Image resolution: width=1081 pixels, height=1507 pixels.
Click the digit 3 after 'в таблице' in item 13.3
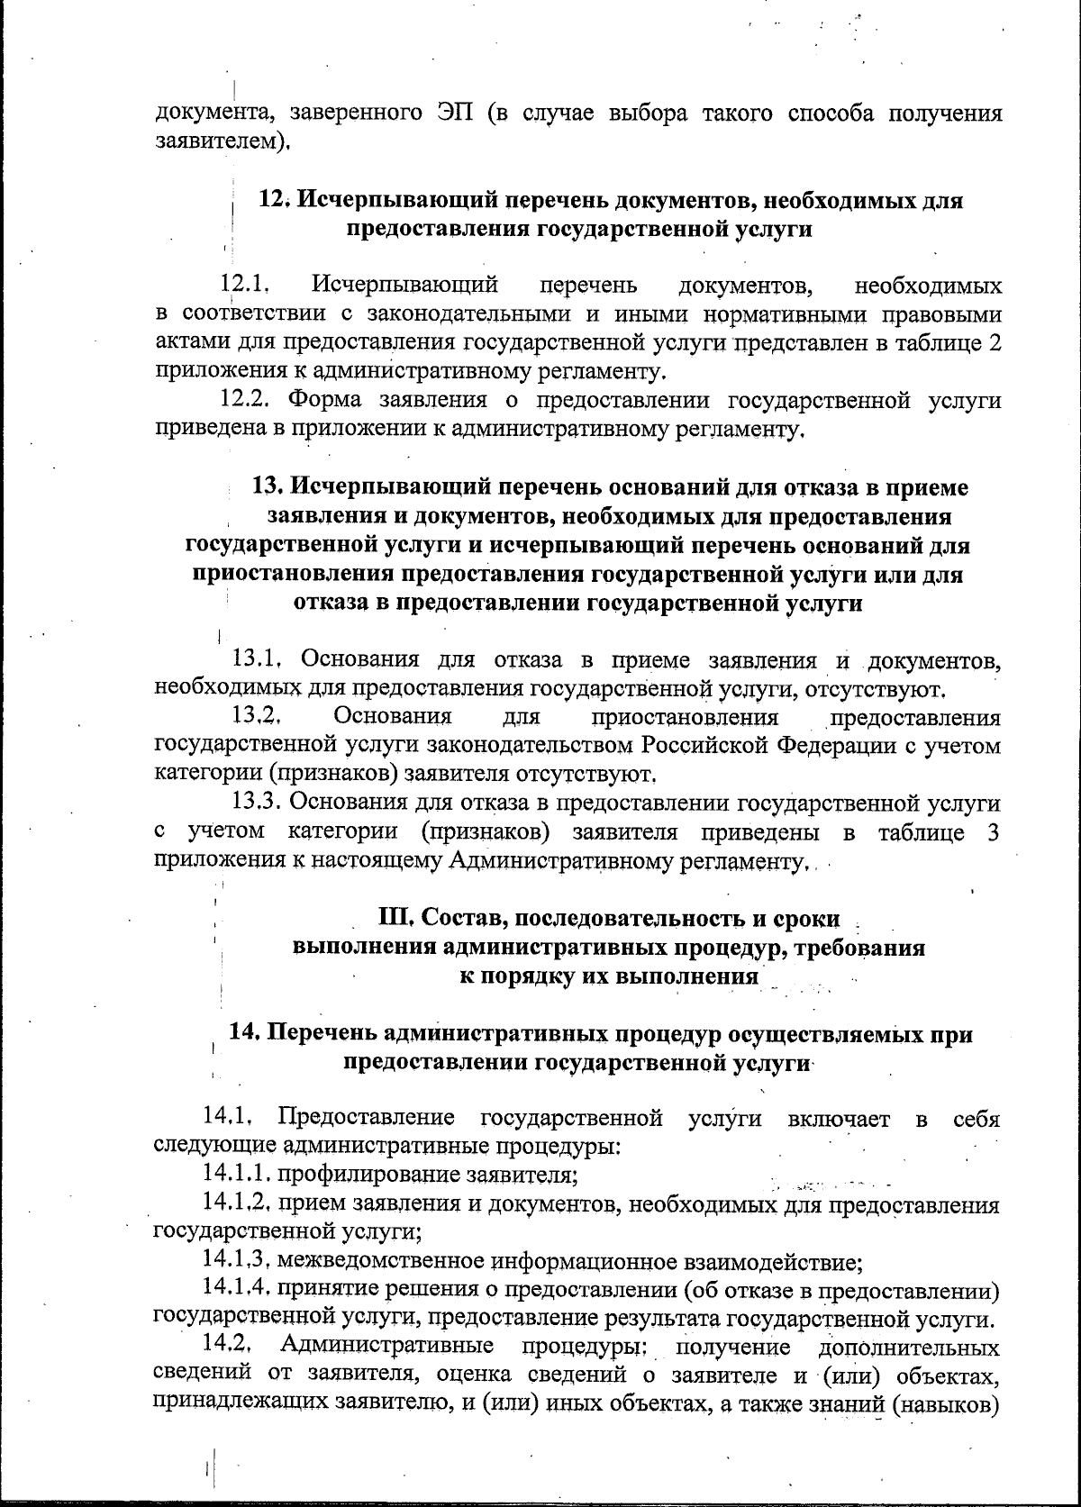(993, 832)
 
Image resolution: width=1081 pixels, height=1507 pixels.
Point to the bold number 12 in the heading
(274, 200)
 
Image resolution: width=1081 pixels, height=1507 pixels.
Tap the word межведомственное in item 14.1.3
(381, 1260)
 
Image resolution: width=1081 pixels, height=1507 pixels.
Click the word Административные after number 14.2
(387, 1347)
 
